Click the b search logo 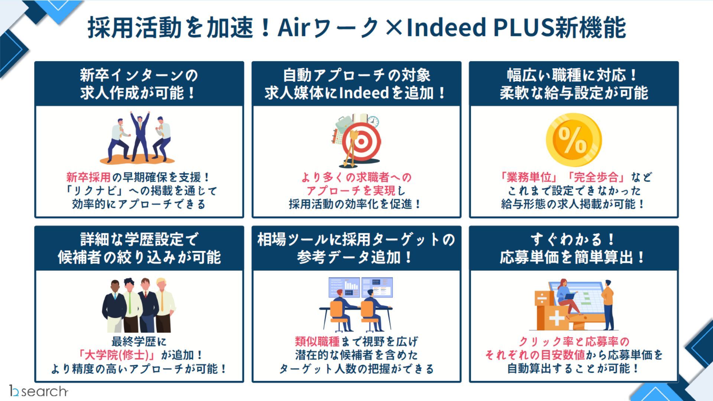coord(39,391)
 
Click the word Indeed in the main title coord(446,27)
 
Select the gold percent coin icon coord(573,140)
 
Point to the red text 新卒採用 coord(88,177)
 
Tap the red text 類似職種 coord(317,341)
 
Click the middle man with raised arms coord(140,136)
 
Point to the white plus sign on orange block coord(556,318)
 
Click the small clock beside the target coord(373,121)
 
